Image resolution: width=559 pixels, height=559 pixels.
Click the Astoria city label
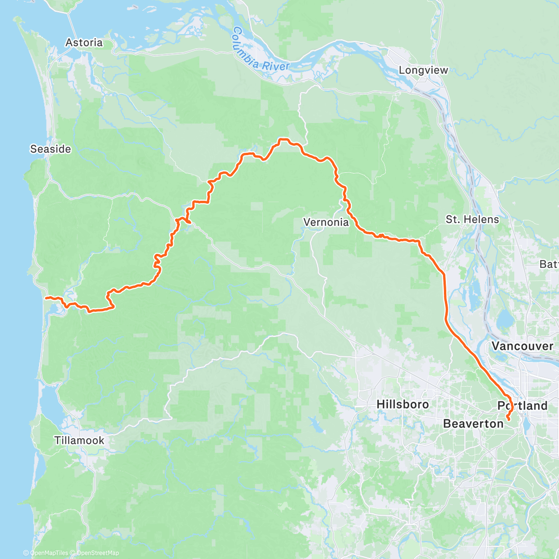[84, 43]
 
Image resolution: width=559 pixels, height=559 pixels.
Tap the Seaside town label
[50, 149]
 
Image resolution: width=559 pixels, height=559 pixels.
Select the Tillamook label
[79, 440]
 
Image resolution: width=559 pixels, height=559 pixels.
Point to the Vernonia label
[326, 222]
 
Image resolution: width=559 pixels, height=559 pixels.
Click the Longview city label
[423, 70]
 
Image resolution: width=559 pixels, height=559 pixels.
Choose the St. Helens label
[472, 219]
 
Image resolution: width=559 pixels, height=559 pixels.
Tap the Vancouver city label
[523, 346]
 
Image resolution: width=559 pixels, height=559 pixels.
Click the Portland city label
[523, 406]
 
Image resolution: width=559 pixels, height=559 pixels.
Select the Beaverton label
[473, 424]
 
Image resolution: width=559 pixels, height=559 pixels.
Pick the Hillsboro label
[402, 404]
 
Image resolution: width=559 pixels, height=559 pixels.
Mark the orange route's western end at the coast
[45, 297]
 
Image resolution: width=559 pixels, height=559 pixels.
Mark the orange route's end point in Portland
[508, 420]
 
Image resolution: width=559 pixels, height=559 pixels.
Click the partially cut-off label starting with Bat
[549, 264]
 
